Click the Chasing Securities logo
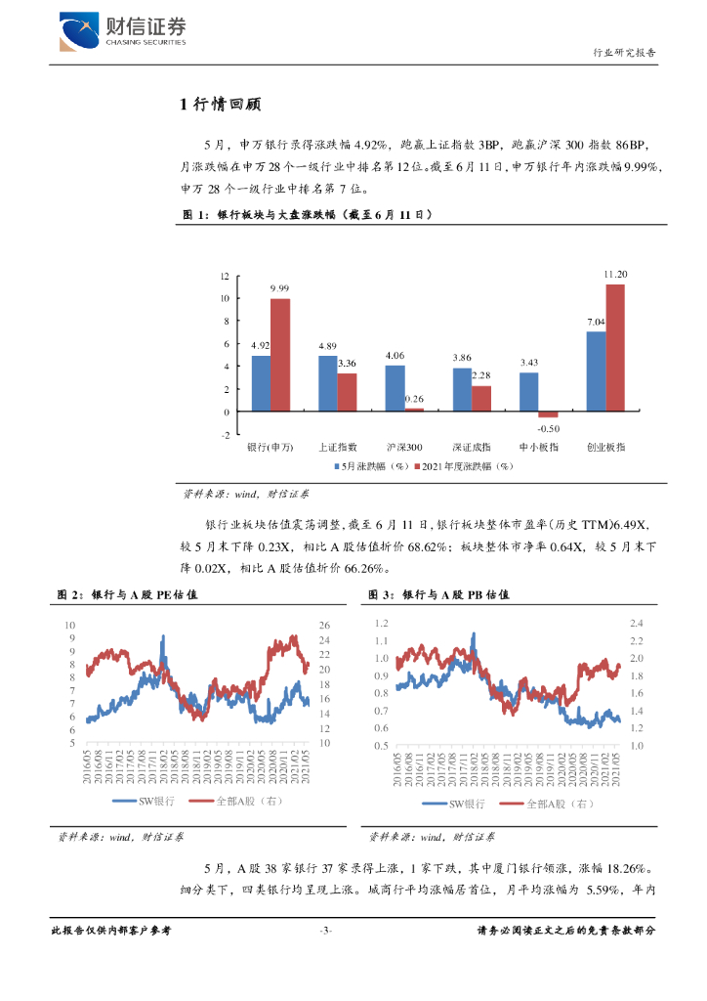(x=122, y=32)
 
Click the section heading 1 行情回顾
(x=219, y=106)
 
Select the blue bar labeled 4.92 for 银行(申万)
(x=261, y=383)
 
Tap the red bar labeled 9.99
(x=280, y=355)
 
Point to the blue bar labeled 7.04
(x=596, y=371)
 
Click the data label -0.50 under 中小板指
(x=549, y=428)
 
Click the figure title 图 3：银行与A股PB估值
(x=438, y=594)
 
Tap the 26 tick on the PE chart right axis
(x=326, y=625)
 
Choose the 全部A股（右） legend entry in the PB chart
(x=548, y=804)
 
